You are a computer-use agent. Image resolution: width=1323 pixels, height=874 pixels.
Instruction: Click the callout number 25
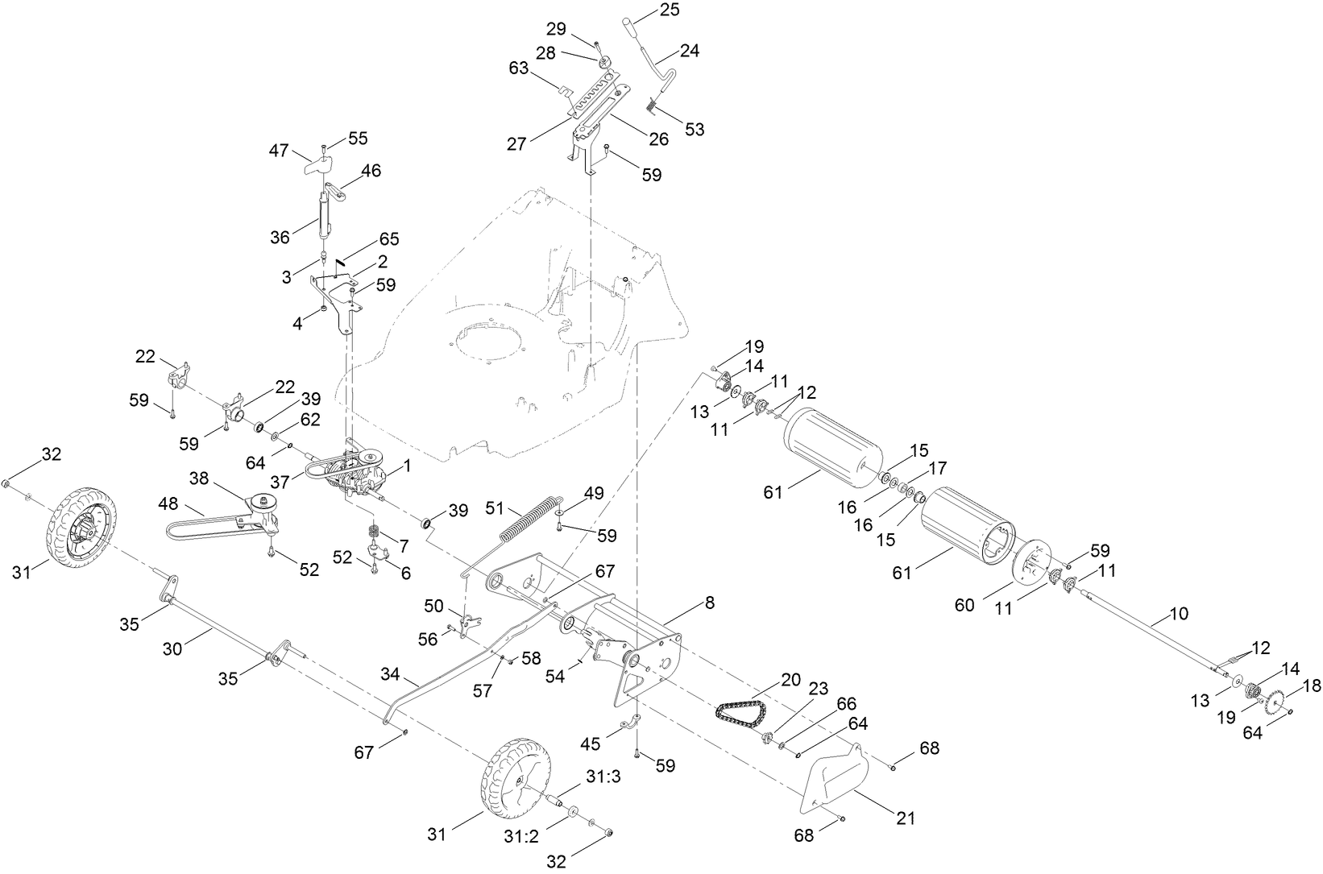(670, 10)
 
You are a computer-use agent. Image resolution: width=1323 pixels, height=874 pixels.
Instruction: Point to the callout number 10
(1178, 615)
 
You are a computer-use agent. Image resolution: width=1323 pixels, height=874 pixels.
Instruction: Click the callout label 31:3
(603, 777)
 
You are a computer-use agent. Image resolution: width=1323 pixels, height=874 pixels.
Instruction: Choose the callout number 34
(390, 673)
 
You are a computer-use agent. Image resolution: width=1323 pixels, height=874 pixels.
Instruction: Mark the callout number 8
(709, 603)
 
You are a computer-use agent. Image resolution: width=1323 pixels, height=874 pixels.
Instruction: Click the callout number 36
(280, 237)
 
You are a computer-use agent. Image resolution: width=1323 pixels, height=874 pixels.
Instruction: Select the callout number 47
(279, 150)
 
